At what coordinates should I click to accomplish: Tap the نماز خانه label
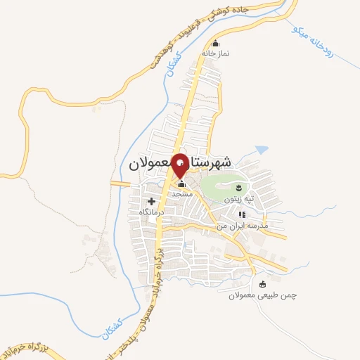[x=216, y=53]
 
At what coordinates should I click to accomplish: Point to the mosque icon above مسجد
[x=181, y=184]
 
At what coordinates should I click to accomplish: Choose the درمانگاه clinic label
[x=151, y=211]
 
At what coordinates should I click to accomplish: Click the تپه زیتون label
[x=238, y=199]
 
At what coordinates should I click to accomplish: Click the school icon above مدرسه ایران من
[x=241, y=215]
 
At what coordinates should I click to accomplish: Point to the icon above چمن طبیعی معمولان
[x=263, y=285]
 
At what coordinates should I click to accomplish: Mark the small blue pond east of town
[x=262, y=150]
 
